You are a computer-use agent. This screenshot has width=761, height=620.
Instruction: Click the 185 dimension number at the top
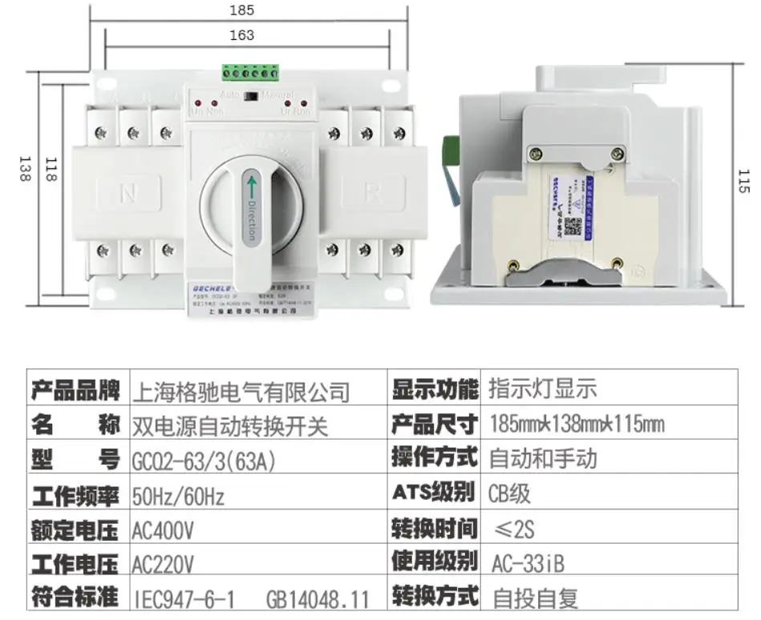[x=241, y=10]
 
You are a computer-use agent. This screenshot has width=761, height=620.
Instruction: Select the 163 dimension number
[x=241, y=35]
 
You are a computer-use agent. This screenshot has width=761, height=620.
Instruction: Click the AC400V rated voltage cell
[x=164, y=531]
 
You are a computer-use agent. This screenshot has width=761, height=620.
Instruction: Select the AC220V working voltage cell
[x=164, y=565]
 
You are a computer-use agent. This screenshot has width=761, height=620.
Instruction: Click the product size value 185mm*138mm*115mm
[x=576, y=425]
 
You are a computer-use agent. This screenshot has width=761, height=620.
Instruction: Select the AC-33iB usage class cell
[x=527, y=564]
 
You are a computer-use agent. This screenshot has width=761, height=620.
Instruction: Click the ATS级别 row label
[x=433, y=493]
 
